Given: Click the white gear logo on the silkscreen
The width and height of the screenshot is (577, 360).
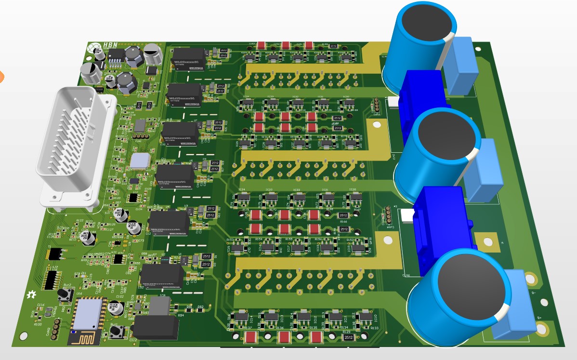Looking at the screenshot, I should (32, 294).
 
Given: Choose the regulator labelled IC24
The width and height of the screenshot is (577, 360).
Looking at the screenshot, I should (243, 197).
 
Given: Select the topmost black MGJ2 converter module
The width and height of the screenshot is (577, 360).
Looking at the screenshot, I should (188, 59).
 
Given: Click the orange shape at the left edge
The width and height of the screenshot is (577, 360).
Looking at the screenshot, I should (1, 76).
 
